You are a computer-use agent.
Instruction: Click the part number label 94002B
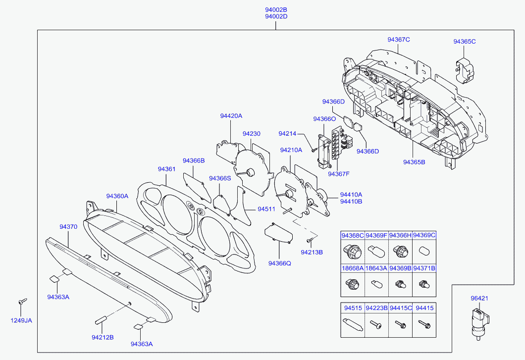coord(276,9)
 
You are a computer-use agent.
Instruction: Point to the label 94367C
coord(399,40)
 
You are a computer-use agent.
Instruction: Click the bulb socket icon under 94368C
coord(352,252)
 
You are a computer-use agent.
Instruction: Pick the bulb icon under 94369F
coord(375,251)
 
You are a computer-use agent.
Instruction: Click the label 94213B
coord(312,252)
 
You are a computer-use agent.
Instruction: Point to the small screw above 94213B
coord(310,240)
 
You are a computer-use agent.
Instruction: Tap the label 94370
coord(68,227)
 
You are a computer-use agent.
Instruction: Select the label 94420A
coord(231,116)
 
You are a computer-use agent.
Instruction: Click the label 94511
coord(266,209)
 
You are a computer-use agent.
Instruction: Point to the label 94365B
coord(414,162)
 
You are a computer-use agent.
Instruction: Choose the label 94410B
coord(351,202)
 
